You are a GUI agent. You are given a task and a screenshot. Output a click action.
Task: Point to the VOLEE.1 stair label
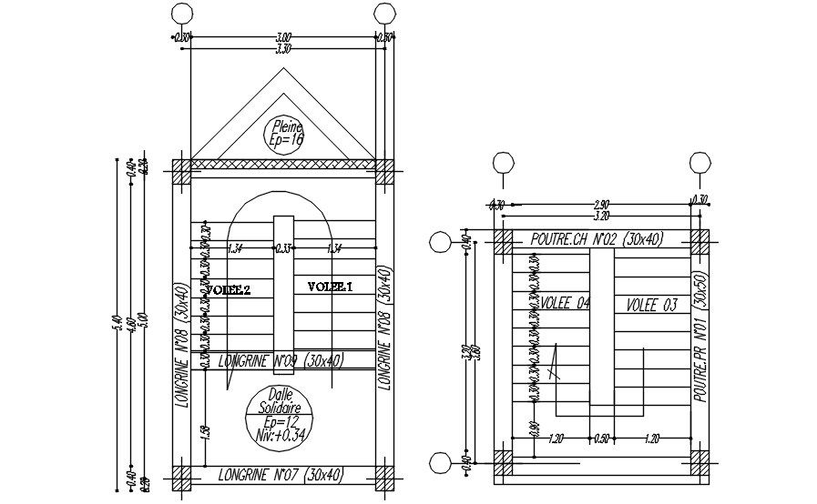click(330, 287)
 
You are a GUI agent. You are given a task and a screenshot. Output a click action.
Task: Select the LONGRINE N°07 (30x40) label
click(280, 474)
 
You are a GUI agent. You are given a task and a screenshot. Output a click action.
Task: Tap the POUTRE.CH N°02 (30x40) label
click(597, 238)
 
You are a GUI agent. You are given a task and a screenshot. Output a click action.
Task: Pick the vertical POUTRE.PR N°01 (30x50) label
click(700, 338)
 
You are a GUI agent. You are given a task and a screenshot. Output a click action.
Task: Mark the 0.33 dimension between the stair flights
click(283, 247)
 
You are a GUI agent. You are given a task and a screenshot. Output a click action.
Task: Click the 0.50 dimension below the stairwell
click(601, 438)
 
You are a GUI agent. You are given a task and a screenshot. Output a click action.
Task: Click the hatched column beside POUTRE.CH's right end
click(700, 241)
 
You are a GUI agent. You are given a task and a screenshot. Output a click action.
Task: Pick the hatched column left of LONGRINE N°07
click(182, 478)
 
